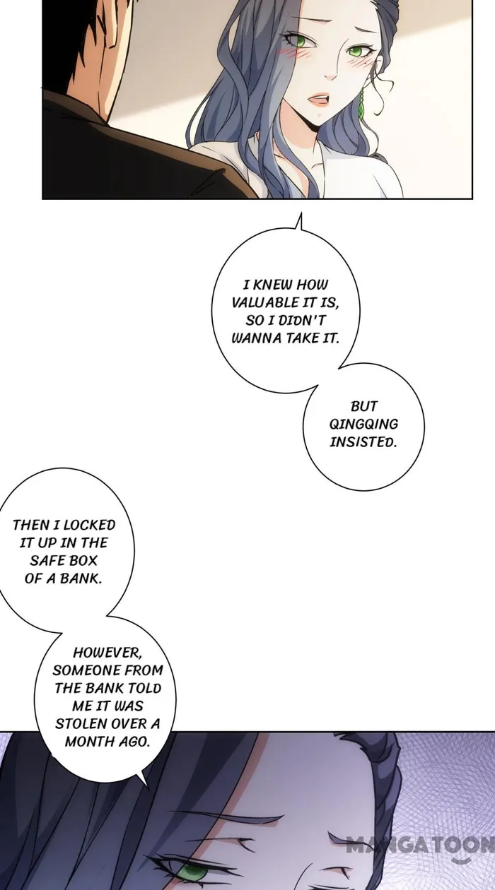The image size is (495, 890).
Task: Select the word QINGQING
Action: coord(363,424)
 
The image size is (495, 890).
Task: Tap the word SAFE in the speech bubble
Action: coord(48,561)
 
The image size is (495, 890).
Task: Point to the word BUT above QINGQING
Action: coord(363,406)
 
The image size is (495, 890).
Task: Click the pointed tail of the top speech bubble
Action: coord(298,224)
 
